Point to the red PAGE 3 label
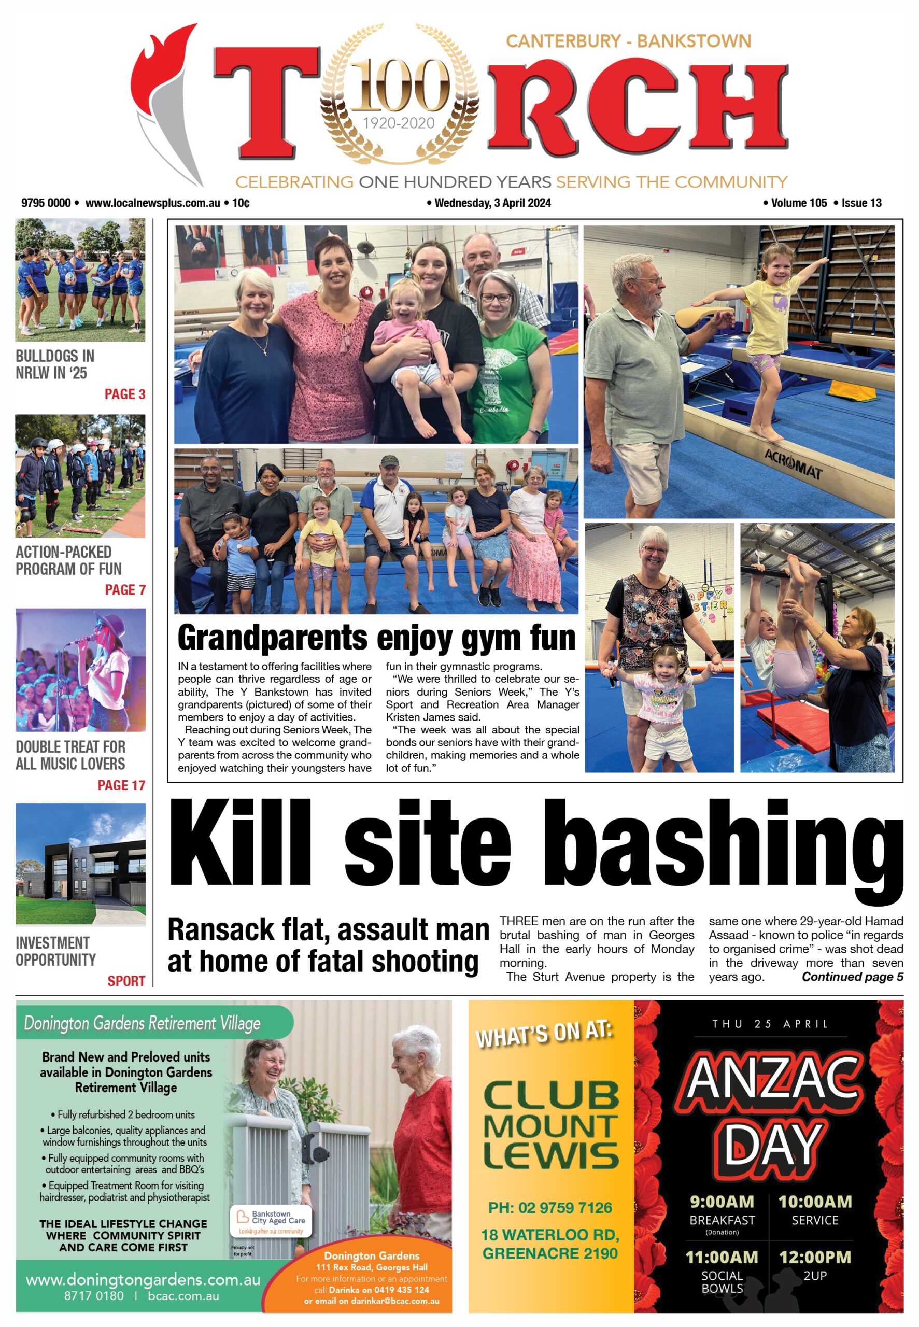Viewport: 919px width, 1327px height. pyautogui.click(x=124, y=394)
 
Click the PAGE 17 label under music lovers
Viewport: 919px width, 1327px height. pyautogui.click(x=121, y=785)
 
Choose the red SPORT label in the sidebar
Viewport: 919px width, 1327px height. pyautogui.click(x=126, y=981)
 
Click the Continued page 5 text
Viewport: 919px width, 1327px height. pyautogui.click(x=852, y=977)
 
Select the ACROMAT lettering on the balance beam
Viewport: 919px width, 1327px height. pyautogui.click(x=793, y=464)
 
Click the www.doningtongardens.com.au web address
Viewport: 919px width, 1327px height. pyautogui.click(x=143, y=1280)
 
